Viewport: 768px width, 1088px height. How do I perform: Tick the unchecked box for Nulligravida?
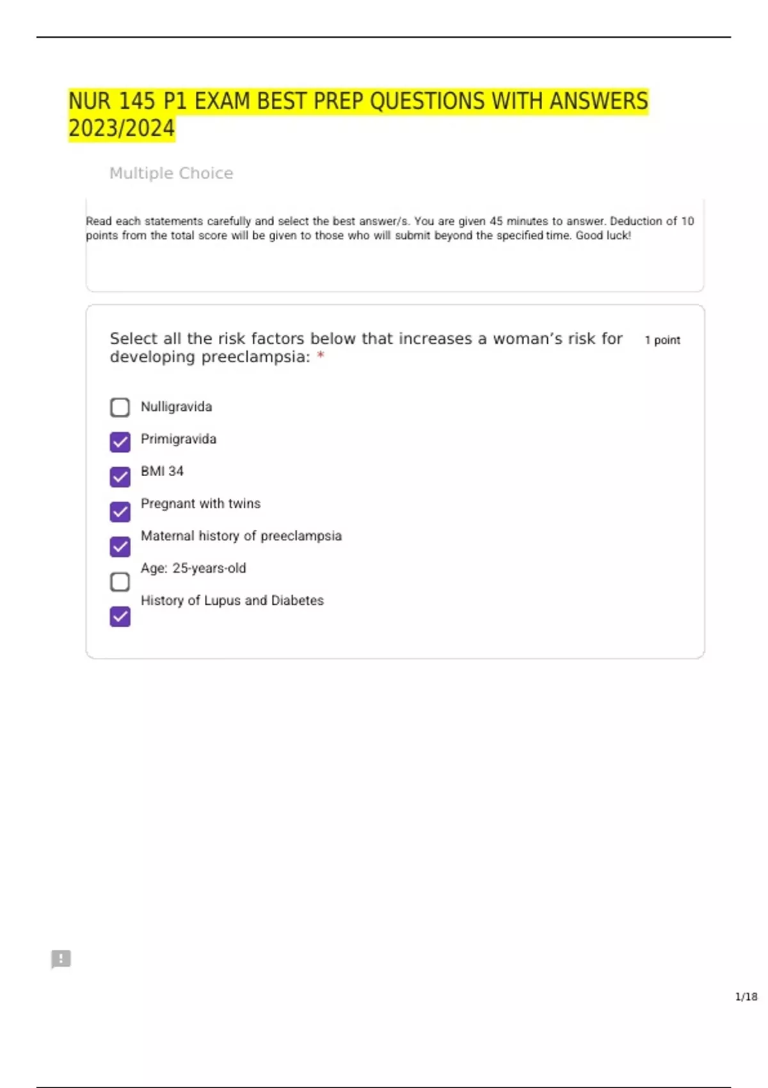(x=120, y=407)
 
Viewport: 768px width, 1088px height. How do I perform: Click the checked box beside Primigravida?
(x=120, y=442)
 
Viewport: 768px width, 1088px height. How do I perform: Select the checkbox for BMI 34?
(x=120, y=477)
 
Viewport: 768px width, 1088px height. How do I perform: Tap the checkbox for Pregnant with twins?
(x=120, y=511)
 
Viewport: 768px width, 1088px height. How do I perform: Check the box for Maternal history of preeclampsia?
(x=120, y=547)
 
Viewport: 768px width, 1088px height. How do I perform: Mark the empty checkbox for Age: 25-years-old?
(x=120, y=582)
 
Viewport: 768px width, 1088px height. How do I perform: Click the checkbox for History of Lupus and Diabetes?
(x=120, y=616)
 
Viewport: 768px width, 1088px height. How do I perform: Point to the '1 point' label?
(x=662, y=340)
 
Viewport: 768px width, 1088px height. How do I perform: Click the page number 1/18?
(x=746, y=996)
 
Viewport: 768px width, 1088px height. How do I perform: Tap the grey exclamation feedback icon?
(x=61, y=959)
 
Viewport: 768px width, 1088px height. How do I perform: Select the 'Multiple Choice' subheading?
(x=171, y=173)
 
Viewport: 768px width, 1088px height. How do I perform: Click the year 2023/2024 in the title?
(x=122, y=128)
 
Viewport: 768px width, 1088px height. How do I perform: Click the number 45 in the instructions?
(x=496, y=221)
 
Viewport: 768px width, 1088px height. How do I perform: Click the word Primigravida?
(x=179, y=439)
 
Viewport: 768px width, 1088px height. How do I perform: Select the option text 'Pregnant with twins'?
(x=200, y=504)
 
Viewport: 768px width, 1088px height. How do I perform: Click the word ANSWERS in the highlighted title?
(x=598, y=101)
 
